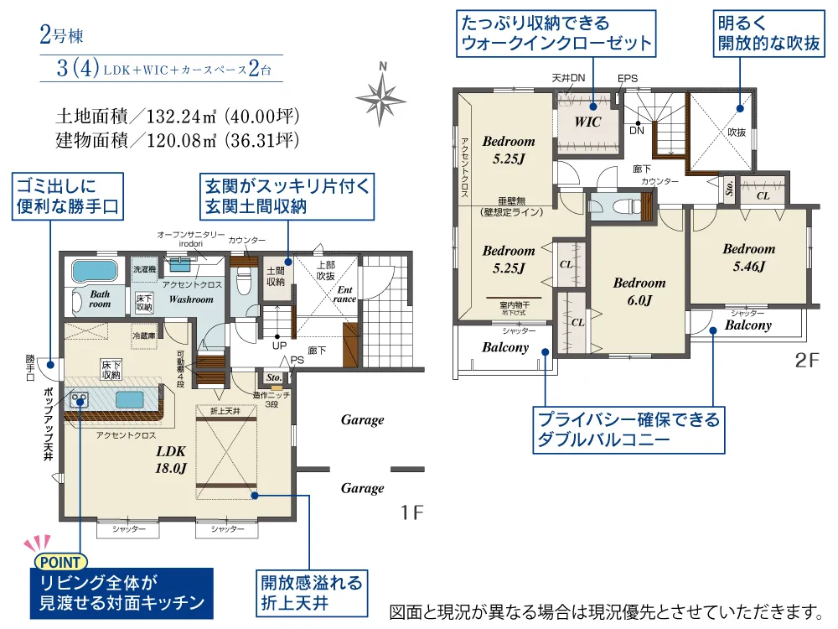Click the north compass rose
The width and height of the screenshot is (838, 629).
382,93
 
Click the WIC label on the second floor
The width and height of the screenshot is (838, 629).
587,122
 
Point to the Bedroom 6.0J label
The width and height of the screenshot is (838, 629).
639,291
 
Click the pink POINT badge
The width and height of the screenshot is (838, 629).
59,562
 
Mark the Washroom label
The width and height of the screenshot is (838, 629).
190,299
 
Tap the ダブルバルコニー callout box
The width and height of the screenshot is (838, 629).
628,429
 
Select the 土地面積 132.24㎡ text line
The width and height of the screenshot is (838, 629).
177,115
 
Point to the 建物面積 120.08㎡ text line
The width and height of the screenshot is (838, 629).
177,138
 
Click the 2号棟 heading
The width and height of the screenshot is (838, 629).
62,36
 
